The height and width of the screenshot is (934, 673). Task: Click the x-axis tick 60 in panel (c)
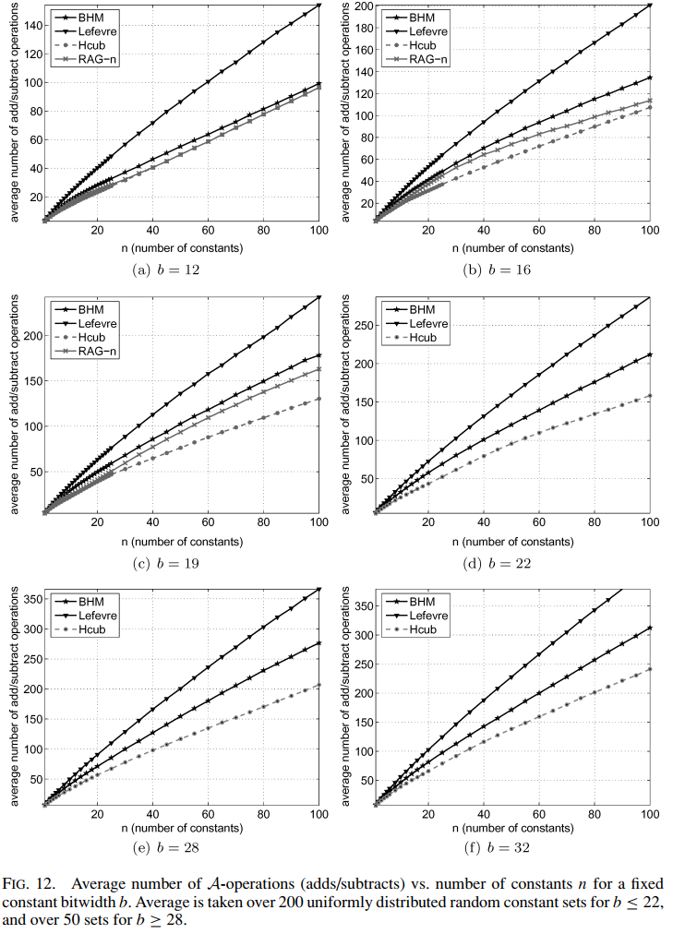point(208,522)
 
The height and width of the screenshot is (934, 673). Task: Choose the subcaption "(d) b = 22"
point(511,562)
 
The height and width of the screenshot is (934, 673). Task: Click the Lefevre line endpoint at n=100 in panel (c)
point(318,296)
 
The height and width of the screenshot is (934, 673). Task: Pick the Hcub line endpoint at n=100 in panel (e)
point(318,684)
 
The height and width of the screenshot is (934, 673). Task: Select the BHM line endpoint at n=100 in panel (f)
point(650,628)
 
